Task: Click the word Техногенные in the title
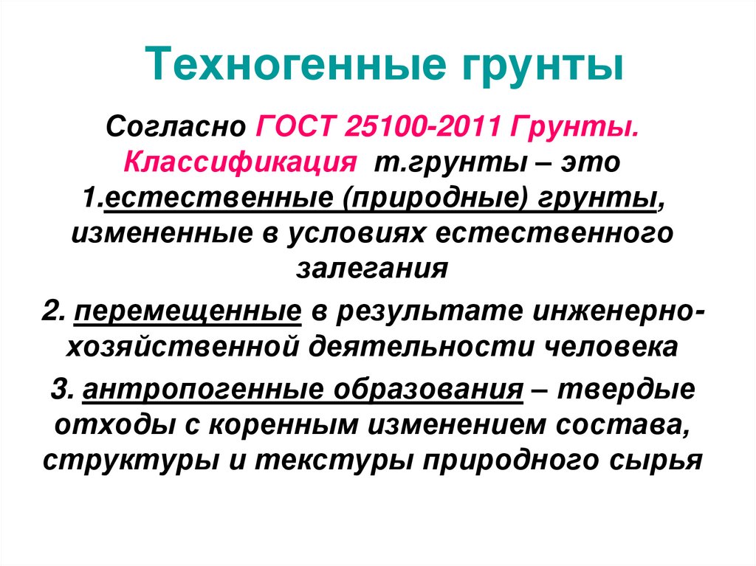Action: [x=295, y=65]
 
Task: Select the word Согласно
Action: [x=176, y=127]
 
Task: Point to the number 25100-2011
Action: [x=423, y=127]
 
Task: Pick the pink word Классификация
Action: [x=240, y=163]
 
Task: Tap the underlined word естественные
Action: [x=219, y=199]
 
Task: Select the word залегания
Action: [x=372, y=269]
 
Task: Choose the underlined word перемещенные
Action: [x=188, y=312]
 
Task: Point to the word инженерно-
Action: [x=619, y=311]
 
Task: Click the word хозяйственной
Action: [x=182, y=348]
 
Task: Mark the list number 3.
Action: [x=62, y=390]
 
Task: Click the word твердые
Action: [x=627, y=390]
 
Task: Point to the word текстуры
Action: [x=334, y=461]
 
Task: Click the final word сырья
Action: [x=656, y=461]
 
